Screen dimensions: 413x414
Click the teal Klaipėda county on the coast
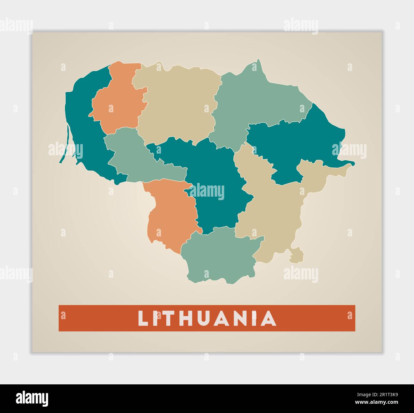click(x=83, y=121)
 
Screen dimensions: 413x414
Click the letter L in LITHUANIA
click(x=143, y=318)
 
